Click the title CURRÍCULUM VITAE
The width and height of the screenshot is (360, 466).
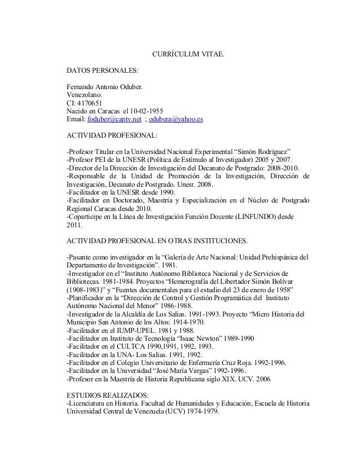188,55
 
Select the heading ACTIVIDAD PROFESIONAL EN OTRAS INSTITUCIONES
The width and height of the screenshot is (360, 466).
156,242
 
